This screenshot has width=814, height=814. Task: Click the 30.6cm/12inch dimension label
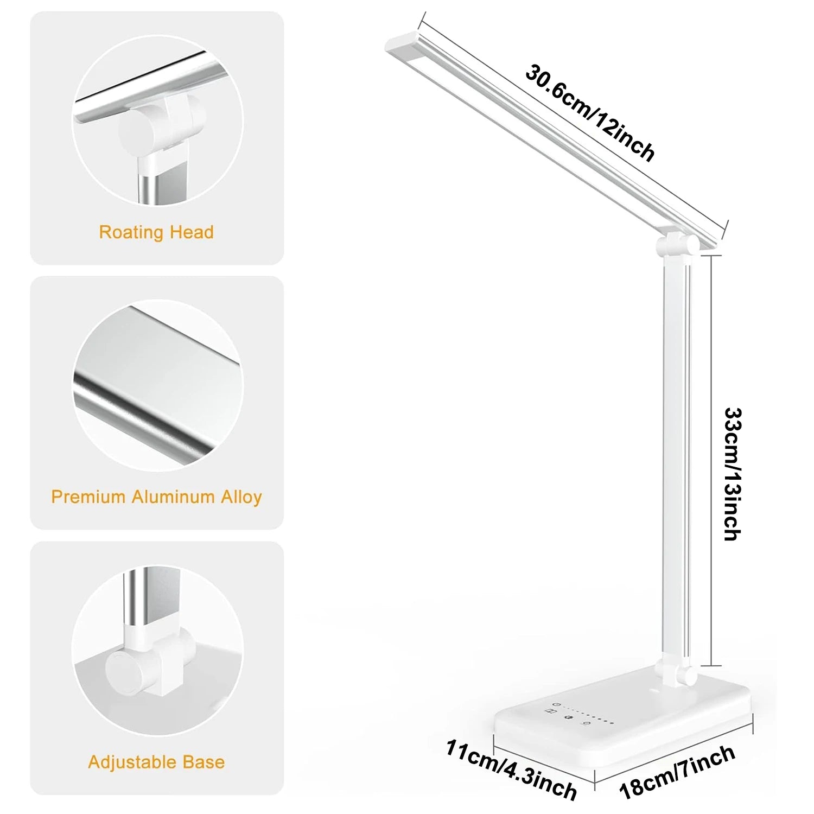tap(590, 113)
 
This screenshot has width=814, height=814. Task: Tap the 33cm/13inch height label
tap(733, 473)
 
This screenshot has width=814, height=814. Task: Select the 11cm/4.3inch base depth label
tap(511, 770)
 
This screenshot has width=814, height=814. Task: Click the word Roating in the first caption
tap(132, 232)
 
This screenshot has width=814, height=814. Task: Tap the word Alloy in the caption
tap(241, 497)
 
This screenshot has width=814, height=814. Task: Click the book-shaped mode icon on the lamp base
tap(550, 711)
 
